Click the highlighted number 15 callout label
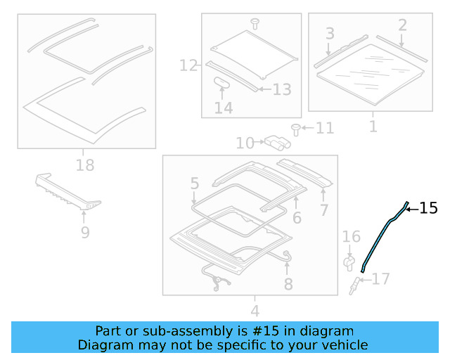(x=429, y=208)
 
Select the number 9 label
(x=84, y=231)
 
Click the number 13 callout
(x=281, y=89)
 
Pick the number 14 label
(x=224, y=108)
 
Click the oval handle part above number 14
(x=223, y=82)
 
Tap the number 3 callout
(x=329, y=33)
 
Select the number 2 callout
(x=402, y=26)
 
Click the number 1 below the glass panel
(x=373, y=127)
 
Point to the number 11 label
(x=325, y=128)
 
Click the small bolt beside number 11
(x=296, y=128)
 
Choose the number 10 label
(x=245, y=143)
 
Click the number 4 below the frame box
(x=255, y=310)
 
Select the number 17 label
(x=380, y=279)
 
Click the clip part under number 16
(x=348, y=263)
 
